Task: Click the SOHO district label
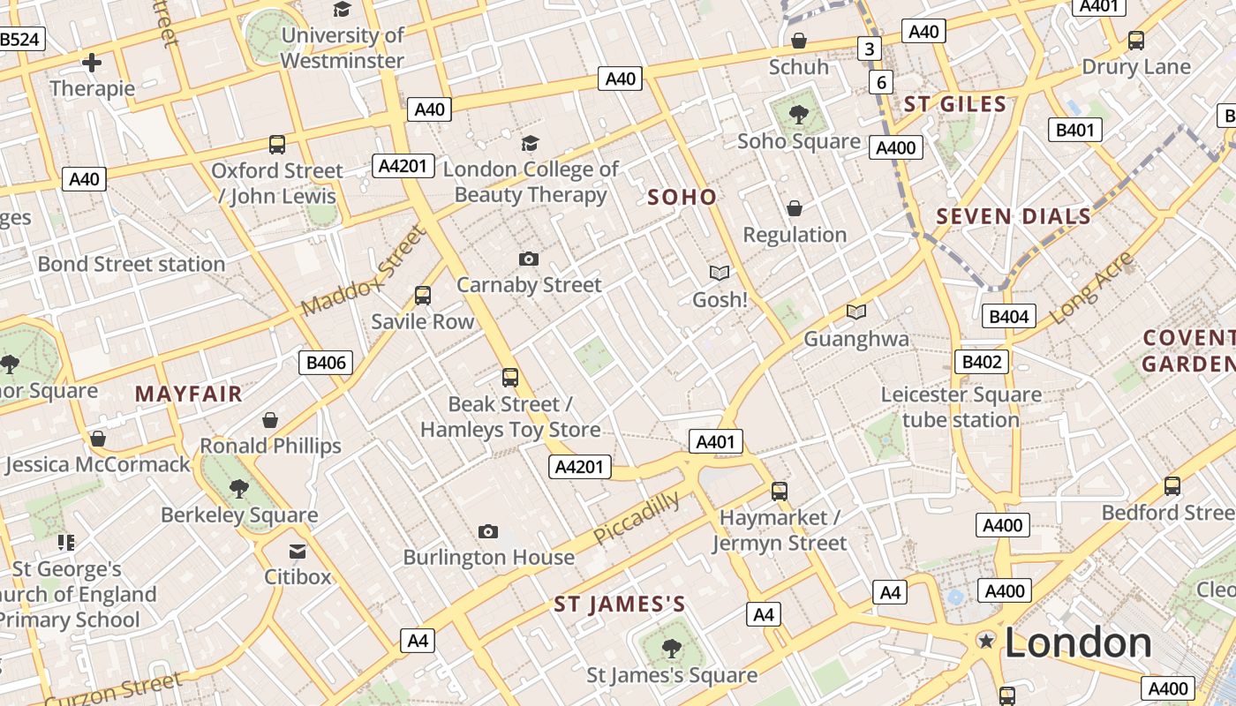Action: (x=682, y=197)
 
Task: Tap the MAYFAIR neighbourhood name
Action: (x=188, y=394)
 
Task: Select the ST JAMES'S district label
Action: (x=620, y=605)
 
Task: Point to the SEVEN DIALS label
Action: (x=1014, y=216)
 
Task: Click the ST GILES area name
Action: (x=955, y=104)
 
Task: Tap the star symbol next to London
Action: (x=985, y=641)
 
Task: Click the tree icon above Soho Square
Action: (x=799, y=114)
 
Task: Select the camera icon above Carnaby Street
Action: (x=529, y=259)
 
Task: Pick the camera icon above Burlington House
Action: (x=488, y=531)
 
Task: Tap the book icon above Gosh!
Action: (x=720, y=273)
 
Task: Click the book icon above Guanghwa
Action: (x=855, y=312)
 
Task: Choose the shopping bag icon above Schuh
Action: (x=798, y=41)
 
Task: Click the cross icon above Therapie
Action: (x=92, y=63)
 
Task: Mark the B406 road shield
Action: (x=326, y=362)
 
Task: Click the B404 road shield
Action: (x=1009, y=317)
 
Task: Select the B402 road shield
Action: (x=982, y=361)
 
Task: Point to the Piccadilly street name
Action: (x=637, y=518)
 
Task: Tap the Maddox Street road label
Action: (x=363, y=270)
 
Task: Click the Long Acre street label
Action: (x=1092, y=288)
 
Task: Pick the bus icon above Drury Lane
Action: (x=1136, y=41)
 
